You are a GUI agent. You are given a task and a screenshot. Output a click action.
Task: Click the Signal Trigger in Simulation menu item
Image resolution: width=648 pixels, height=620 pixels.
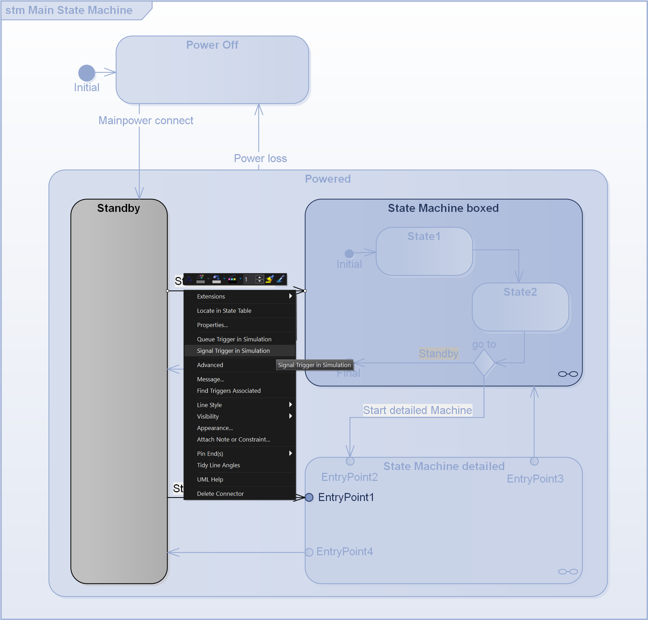pyautogui.click(x=233, y=351)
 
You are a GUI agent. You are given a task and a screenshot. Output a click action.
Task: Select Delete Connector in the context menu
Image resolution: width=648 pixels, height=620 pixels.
pyautogui.click(x=220, y=494)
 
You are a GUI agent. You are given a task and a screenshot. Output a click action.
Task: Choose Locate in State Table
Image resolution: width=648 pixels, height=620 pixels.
pyautogui.click(x=224, y=311)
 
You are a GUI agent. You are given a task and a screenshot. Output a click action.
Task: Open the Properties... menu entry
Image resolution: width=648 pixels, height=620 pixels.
pyautogui.click(x=212, y=325)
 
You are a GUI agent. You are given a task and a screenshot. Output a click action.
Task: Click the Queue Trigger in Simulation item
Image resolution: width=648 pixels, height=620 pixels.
pyautogui.click(x=234, y=339)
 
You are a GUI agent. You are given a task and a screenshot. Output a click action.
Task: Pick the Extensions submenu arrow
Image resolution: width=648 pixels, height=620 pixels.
pyautogui.click(x=290, y=296)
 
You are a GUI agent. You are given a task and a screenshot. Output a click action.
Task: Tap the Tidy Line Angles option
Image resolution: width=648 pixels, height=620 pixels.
pyautogui.click(x=218, y=465)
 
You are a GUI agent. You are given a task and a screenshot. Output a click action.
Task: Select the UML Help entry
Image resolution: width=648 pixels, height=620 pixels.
pyautogui.click(x=210, y=479)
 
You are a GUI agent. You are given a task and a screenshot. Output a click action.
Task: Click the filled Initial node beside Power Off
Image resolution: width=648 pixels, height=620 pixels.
pyautogui.click(x=87, y=73)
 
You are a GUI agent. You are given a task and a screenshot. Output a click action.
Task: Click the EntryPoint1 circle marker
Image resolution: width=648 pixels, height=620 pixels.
pyautogui.click(x=309, y=498)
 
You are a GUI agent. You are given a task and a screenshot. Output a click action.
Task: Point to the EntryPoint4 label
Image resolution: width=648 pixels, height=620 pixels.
pyautogui.click(x=344, y=551)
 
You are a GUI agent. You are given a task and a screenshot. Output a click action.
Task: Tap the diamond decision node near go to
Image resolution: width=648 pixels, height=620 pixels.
pyautogui.click(x=484, y=363)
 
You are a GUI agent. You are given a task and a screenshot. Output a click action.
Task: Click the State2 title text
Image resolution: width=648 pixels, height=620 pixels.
pyautogui.click(x=520, y=292)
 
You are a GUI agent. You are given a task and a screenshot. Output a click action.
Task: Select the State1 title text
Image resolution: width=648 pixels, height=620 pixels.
pyautogui.click(x=424, y=236)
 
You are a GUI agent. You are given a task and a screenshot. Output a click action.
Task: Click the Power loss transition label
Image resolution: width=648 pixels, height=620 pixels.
pyautogui.click(x=260, y=158)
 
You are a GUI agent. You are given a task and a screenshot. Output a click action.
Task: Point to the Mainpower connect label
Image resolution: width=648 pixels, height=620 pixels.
pyautogui.click(x=146, y=120)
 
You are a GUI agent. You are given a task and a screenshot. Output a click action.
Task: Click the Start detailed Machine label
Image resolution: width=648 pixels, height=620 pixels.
pyautogui.click(x=417, y=410)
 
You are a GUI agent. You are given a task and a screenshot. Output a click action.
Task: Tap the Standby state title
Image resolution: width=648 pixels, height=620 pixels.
pyautogui.click(x=118, y=208)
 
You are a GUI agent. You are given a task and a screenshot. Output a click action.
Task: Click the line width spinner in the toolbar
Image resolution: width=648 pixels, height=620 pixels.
pyautogui.click(x=259, y=279)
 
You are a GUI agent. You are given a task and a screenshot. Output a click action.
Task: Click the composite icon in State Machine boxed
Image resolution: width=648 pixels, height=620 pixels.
pyautogui.click(x=568, y=374)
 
